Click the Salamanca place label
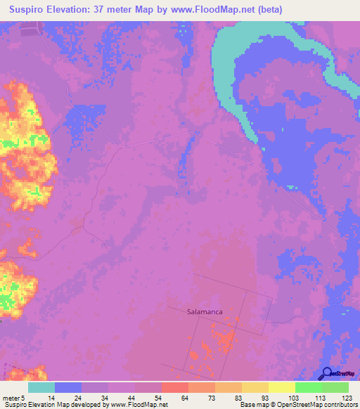click(206, 310)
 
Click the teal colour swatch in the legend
click(41, 387)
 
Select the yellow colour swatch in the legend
click(281, 387)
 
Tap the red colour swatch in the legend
click(174, 387)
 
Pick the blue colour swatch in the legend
click(67, 387)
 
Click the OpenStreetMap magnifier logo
click(327, 373)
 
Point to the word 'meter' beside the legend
click(13, 398)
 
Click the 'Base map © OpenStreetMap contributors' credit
click(297, 405)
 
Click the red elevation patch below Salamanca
click(225, 341)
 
